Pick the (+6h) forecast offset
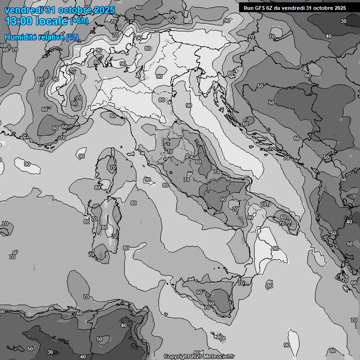(79, 21)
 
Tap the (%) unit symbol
(72, 37)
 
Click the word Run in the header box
(248, 8)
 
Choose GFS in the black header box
(260, 8)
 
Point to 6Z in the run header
(271, 8)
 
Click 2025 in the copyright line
(196, 356)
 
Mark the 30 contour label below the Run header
(344, 21)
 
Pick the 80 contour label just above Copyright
(219, 337)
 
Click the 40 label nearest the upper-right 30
(329, 36)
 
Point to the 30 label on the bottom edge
(50, 352)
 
